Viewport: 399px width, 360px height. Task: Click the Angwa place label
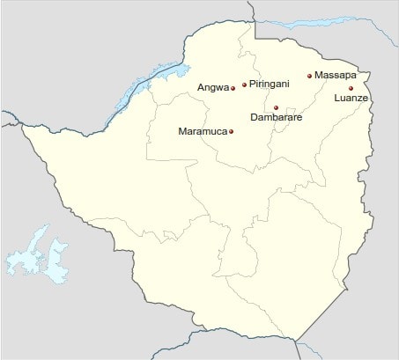pos(212,87)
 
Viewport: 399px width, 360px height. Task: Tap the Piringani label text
pos(269,84)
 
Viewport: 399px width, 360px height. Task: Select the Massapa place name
pos(336,76)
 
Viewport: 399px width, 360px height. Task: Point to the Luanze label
pos(351,99)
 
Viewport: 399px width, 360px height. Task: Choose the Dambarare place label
pos(276,116)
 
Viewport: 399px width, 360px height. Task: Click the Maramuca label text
pos(203,132)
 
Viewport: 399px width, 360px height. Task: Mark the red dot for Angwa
pos(233,87)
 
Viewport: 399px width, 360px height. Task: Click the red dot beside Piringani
pos(244,84)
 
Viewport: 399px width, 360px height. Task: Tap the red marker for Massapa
pos(309,76)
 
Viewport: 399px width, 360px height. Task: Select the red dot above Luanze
pos(351,88)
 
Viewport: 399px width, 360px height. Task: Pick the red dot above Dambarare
pos(276,107)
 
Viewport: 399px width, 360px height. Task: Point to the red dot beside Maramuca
pos(231,132)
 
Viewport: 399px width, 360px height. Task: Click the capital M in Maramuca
pos(182,132)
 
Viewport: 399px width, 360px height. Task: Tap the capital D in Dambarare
pos(255,116)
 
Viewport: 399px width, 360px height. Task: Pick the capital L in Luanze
pos(337,99)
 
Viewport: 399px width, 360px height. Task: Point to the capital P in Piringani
pos(253,84)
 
